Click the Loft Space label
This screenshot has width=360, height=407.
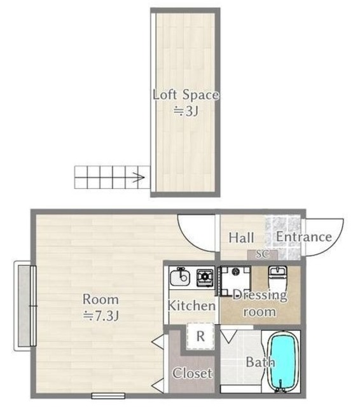pyautogui.click(x=186, y=95)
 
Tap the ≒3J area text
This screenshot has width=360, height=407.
pyautogui.click(x=186, y=112)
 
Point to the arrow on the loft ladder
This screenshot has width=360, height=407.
pyautogui.click(x=138, y=177)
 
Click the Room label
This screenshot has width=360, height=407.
pyautogui.click(x=100, y=300)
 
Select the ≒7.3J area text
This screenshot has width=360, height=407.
pyautogui.click(x=100, y=315)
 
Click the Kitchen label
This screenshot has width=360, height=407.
pyautogui.click(x=191, y=306)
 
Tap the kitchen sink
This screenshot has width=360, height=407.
pyautogui.click(x=180, y=277)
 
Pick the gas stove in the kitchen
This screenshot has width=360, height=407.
pyautogui.click(x=205, y=278)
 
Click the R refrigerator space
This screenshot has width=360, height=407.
pyautogui.click(x=200, y=336)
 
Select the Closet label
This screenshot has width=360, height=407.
pyautogui.click(x=192, y=373)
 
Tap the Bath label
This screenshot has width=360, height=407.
pyautogui.click(x=260, y=362)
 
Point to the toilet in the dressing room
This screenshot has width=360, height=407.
pyautogui.click(x=277, y=278)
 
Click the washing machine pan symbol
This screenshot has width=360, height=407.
pyautogui.click(x=236, y=281)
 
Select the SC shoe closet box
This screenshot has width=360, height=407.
pyautogui.click(x=263, y=254)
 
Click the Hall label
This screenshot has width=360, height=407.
pyautogui.click(x=241, y=238)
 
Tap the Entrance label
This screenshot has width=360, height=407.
pyautogui.click(x=303, y=237)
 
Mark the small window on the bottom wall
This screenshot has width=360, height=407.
pyautogui.click(x=108, y=396)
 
